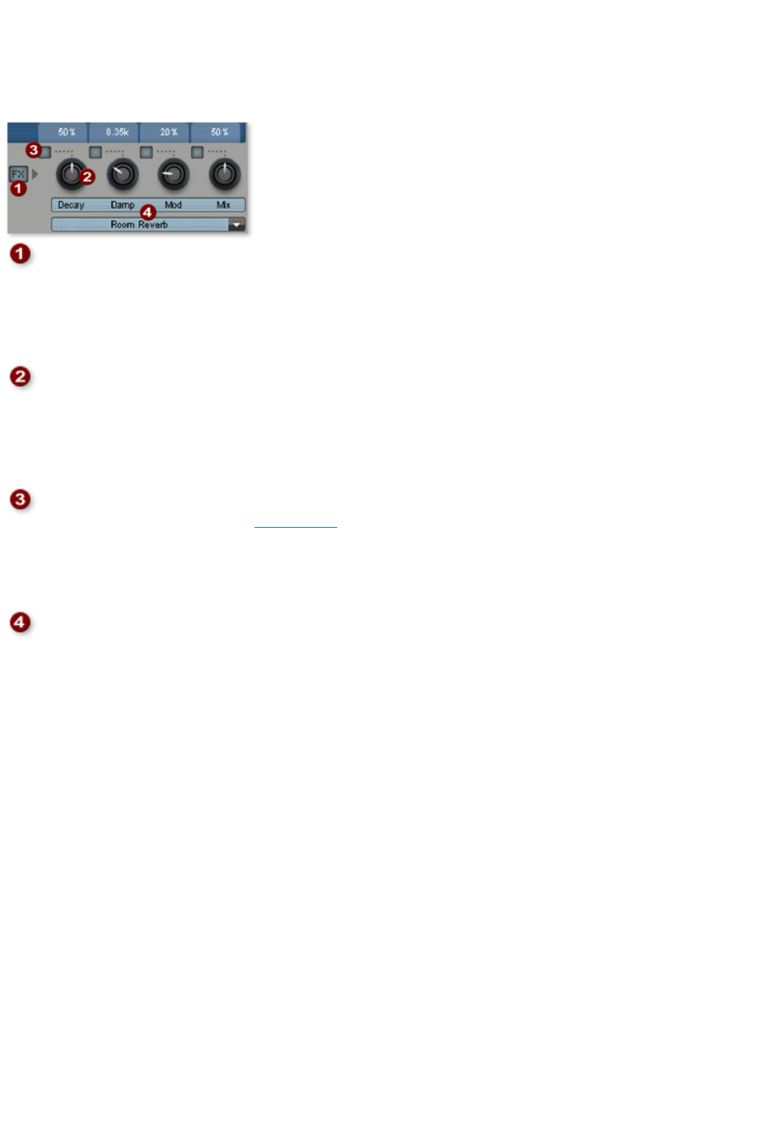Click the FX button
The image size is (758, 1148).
17,174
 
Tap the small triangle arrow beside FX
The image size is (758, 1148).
35,173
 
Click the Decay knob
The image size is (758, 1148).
71,174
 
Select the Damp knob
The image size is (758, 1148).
122,174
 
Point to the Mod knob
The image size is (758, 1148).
173,174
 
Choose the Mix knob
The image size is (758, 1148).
225,174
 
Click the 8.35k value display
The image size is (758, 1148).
117,132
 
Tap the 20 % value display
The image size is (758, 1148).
169,132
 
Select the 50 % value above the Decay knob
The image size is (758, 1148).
66,132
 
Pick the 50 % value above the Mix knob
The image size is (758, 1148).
219,132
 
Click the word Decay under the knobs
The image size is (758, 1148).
70,205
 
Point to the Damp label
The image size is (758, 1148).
122,205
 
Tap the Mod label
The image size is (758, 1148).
173,205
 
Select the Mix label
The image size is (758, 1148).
224,205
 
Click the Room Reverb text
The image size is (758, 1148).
139,225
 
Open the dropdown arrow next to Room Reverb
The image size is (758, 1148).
236,225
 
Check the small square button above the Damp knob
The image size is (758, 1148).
95,152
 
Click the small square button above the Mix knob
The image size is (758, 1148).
197,152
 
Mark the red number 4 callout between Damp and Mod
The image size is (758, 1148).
147,212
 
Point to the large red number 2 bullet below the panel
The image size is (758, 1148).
20,377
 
